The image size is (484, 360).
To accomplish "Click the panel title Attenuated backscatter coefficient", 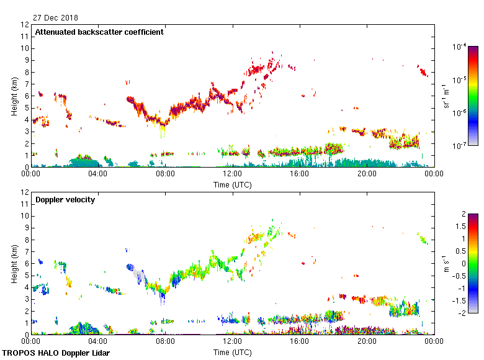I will tap(99, 32).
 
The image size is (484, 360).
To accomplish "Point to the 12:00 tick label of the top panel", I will tap(232, 174).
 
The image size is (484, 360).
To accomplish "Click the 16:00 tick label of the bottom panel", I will tap(299, 341).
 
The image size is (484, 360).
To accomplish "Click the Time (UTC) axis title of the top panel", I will tap(232, 184).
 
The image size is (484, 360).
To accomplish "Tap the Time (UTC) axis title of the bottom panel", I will tap(232, 352).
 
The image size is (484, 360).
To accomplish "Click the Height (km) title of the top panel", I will tap(14, 96).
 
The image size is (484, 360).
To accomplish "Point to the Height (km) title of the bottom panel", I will tap(14, 264).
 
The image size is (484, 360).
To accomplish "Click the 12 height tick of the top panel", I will tap(25, 25).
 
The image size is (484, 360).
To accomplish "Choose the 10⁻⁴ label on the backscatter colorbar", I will tap(459, 47).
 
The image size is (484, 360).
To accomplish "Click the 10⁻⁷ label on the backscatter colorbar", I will tap(459, 146).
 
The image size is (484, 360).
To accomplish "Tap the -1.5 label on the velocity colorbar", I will tap(459, 300).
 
